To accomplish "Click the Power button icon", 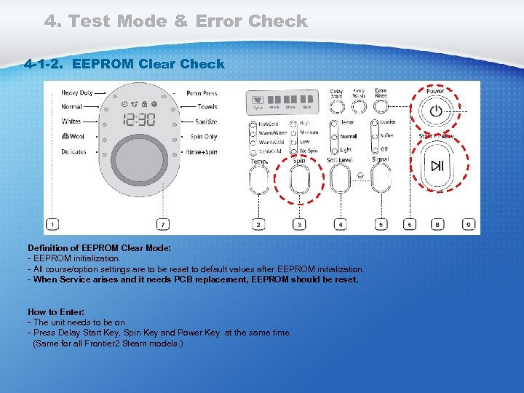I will (x=435, y=111).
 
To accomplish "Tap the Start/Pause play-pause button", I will (x=437, y=166).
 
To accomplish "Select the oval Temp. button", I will (x=258, y=180).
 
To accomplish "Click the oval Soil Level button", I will (x=339, y=179).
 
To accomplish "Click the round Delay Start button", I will (x=336, y=107).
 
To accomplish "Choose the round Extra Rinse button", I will (x=380, y=107).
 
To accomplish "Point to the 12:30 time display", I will (x=138, y=119).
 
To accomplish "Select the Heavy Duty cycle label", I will (x=76, y=93).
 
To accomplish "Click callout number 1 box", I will (x=53, y=225).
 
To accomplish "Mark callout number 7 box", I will (x=164, y=225).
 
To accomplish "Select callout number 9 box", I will (x=469, y=225).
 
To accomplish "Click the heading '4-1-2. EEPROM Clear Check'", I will (x=124, y=64).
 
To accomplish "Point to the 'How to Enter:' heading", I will (x=55, y=312).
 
